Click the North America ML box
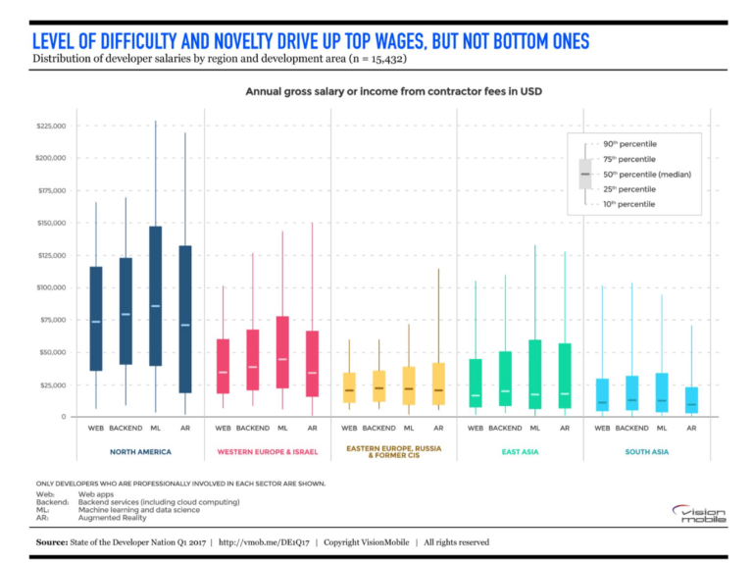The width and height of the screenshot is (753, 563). [x=155, y=295]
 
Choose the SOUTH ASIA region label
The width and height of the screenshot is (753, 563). [x=646, y=451]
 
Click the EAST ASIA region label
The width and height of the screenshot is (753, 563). [x=520, y=451]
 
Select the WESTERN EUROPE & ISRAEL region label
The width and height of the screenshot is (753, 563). [x=267, y=451]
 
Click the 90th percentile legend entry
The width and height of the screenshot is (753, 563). [x=628, y=143]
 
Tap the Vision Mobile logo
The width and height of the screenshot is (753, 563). [x=697, y=514]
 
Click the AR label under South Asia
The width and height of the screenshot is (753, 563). [x=691, y=428]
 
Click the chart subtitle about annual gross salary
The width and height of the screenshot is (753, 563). [x=392, y=91]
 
